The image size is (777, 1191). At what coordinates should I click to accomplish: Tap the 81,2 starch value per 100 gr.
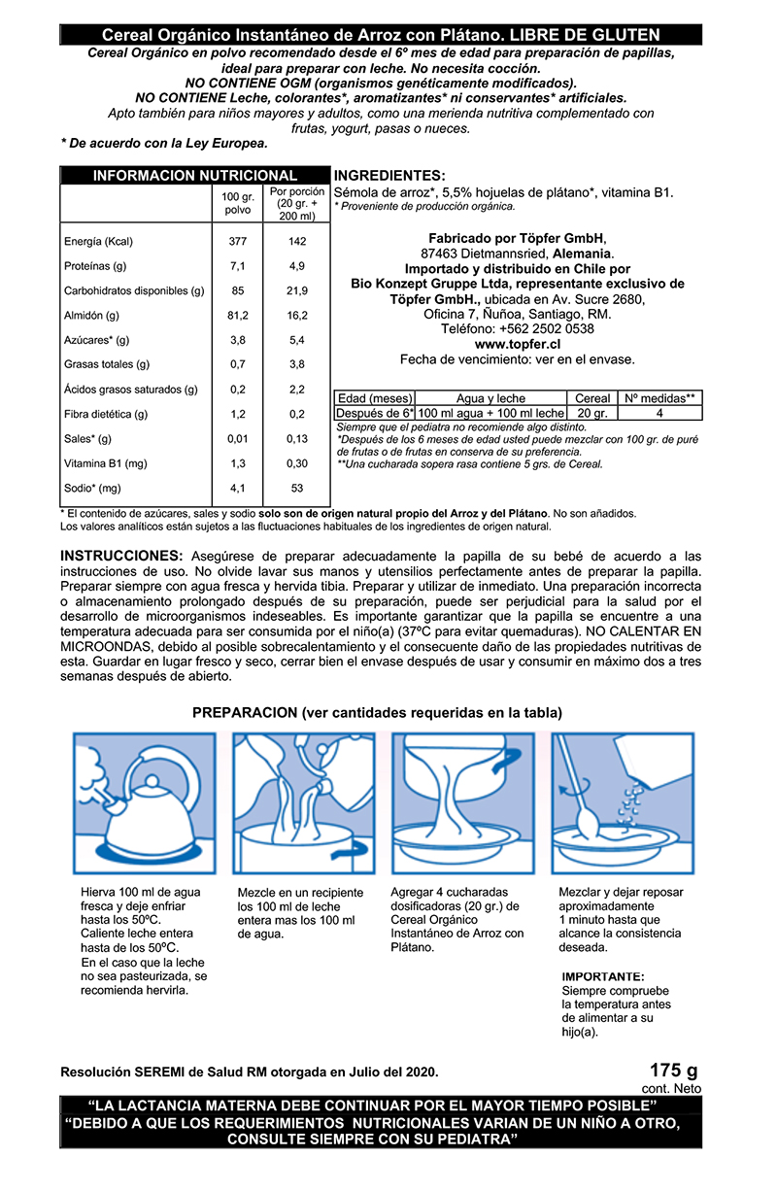[237, 316]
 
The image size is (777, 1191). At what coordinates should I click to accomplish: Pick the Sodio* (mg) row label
[93, 489]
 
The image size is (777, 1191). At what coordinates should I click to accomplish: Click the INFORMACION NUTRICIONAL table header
[194, 176]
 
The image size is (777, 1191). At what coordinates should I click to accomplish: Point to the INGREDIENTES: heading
[389, 176]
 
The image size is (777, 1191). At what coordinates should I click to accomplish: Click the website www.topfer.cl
[518, 344]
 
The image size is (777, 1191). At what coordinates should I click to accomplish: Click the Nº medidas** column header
[659, 398]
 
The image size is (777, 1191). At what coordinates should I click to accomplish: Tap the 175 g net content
[674, 1071]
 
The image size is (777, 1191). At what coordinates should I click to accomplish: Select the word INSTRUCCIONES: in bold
[121, 555]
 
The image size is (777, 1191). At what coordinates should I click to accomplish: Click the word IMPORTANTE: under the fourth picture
[603, 976]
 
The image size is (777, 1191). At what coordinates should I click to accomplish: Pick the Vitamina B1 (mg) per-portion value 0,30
[297, 464]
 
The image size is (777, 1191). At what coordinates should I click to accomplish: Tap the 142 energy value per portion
[297, 242]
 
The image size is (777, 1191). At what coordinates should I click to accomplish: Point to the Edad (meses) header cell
[374, 398]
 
